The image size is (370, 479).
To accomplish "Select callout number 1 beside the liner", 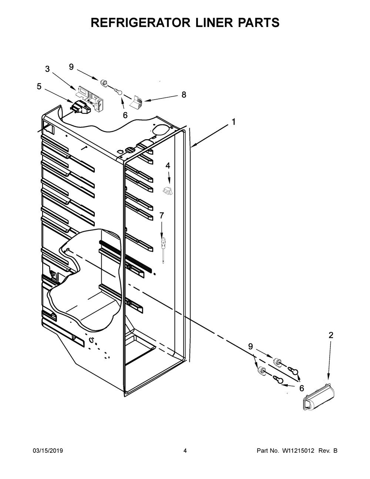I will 233,122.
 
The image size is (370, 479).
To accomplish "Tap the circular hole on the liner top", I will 160,128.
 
